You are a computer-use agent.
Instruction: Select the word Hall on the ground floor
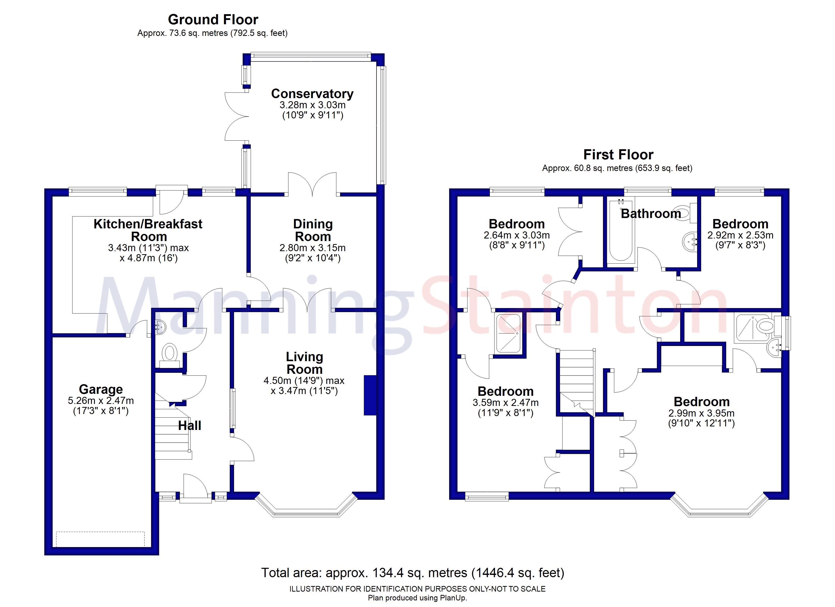click(x=190, y=425)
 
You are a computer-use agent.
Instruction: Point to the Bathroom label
click(x=651, y=213)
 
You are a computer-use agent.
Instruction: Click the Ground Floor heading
click(x=213, y=19)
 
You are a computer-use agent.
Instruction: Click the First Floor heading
click(x=618, y=155)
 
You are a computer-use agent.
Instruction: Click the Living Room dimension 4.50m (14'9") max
click(x=304, y=381)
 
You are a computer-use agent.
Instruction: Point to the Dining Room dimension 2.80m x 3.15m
click(x=312, y=248)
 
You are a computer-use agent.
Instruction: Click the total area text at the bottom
click(x=412, y=573)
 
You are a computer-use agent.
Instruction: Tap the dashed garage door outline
click(x=100, y=539)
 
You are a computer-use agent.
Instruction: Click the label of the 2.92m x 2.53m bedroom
click(x=740, y=224)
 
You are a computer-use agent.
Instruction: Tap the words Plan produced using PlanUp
click(x=417, y=598)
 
